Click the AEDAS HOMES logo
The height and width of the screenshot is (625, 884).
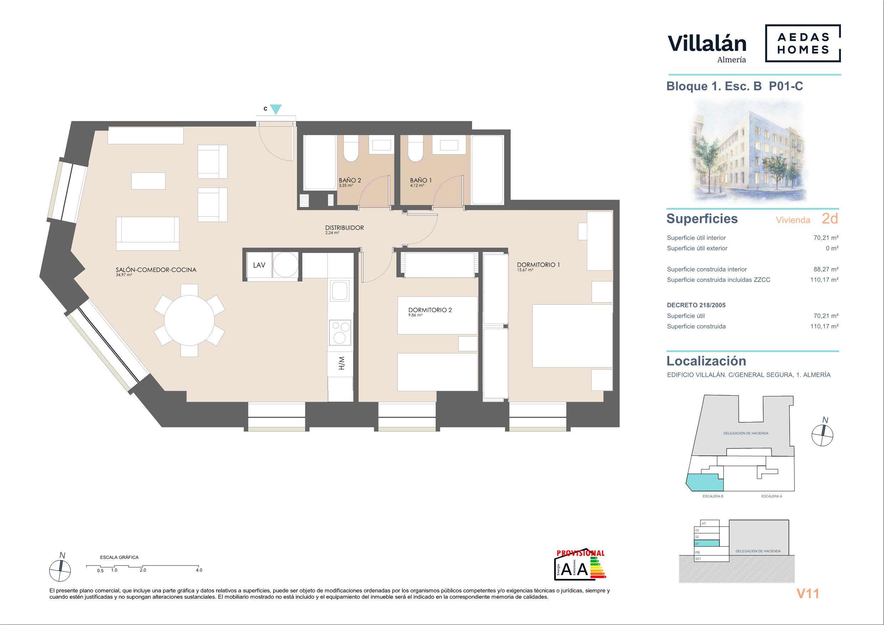pos(803,43)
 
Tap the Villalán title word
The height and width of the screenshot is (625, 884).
pos(707,43)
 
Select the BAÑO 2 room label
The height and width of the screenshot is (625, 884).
pos(350,180)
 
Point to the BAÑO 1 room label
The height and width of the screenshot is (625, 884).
pos(421,180)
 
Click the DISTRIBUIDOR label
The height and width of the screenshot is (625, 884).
pos(344,228)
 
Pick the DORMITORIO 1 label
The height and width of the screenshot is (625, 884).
pos(538,265)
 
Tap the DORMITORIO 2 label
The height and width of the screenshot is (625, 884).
pos(430,310)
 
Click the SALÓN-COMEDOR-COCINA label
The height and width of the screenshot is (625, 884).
pos(156,270)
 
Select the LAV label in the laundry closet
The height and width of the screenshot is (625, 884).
pos(259,265)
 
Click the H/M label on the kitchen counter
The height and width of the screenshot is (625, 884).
pos(341,363)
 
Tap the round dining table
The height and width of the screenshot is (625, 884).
pos(189,321)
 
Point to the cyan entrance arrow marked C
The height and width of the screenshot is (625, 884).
pos(276,110)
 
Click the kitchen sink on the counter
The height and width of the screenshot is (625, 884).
pos(339,291)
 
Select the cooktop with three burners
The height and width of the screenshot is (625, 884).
pos(340,332)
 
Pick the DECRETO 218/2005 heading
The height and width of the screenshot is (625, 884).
pos(696,305)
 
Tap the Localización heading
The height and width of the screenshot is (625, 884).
pos(706,361)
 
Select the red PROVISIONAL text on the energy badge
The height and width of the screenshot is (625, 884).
pos(580,553)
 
